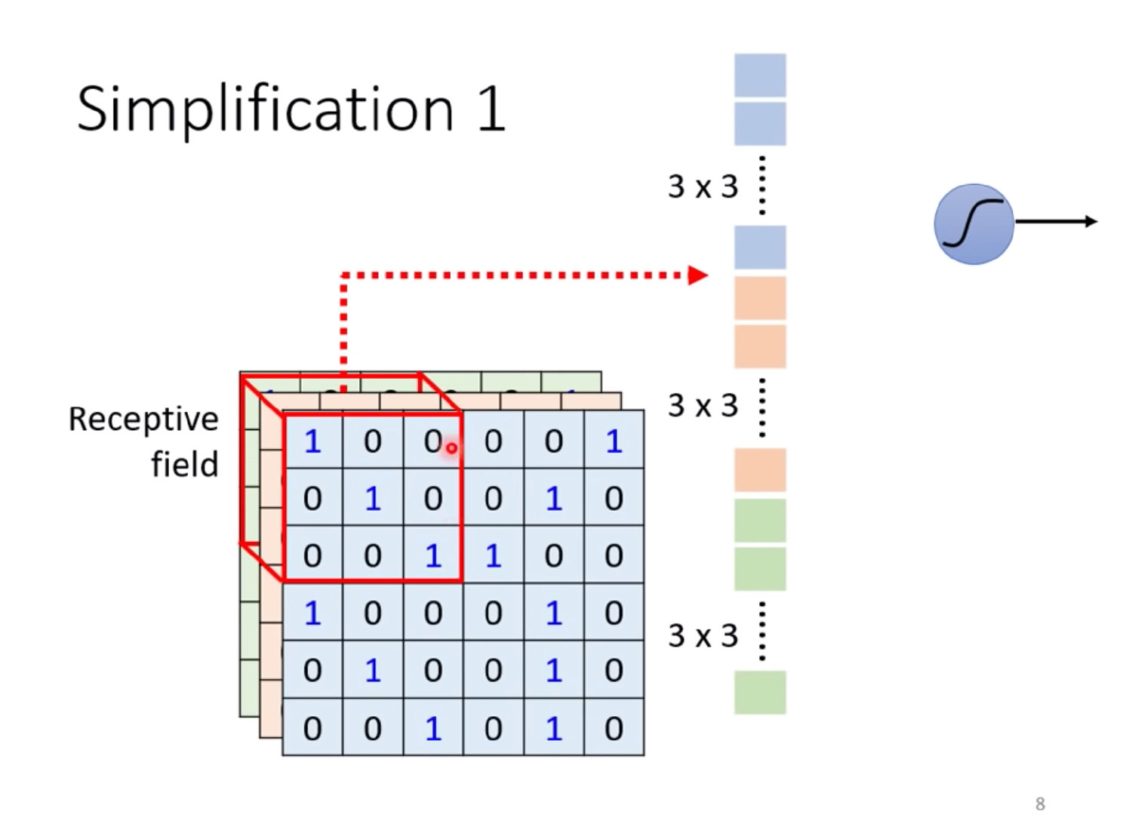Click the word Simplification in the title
pos(264,110)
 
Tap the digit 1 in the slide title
pos(491,110)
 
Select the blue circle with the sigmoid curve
pos(974,224)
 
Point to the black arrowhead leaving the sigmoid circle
pos(1091,221)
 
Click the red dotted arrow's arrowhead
pos(699,275)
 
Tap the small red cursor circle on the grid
pos(451,448)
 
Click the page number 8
pos(1040,804)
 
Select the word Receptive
pos(143,420)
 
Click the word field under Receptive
pos(184,464)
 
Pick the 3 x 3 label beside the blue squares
pos(703,186)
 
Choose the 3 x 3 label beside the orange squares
pos(703,406)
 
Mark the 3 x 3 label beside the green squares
pos(703,636)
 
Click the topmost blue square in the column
pos(760,75)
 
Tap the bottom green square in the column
pos(760,692)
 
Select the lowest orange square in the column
pos(760,469)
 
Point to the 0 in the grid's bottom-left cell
pos(312,728)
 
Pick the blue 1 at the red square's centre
pos(373,499)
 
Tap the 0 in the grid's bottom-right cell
pos(614,728)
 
